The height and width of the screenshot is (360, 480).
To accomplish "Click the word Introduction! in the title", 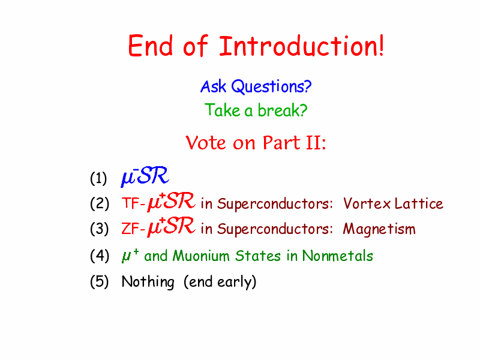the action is click(302, 46).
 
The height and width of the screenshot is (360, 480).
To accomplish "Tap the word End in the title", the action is click(151, 46).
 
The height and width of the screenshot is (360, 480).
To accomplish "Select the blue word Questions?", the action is click(271, 86).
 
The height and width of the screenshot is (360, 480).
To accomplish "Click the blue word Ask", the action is click(214, 86).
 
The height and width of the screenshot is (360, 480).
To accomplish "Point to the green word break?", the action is click(282, 110).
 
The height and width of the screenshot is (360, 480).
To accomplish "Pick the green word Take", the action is click(222, 110).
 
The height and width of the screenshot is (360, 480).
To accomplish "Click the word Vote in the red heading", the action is click(206, 143).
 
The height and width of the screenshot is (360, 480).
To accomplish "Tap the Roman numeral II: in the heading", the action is click(316, 143).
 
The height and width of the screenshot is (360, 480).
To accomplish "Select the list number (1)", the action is click(98, 178).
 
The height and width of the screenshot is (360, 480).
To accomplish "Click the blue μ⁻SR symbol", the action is click(145, 176).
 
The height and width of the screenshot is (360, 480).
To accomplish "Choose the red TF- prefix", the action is click(133, 203).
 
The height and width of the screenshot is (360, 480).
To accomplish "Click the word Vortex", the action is click(367, 203).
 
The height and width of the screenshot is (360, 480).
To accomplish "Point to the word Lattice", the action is click(419, 203).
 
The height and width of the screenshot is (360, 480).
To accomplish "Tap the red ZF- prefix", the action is click(133, 229).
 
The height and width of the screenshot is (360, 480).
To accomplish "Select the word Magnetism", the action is click(379, 229).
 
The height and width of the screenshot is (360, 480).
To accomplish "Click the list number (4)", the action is click(99, 256).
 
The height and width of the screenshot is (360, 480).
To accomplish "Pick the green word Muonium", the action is click(201, 256).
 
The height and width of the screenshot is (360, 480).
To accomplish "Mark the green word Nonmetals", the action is click(338, 256).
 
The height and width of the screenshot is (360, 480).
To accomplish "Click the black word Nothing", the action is click(148, 281).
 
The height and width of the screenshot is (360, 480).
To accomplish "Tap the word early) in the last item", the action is click(236, 281).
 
